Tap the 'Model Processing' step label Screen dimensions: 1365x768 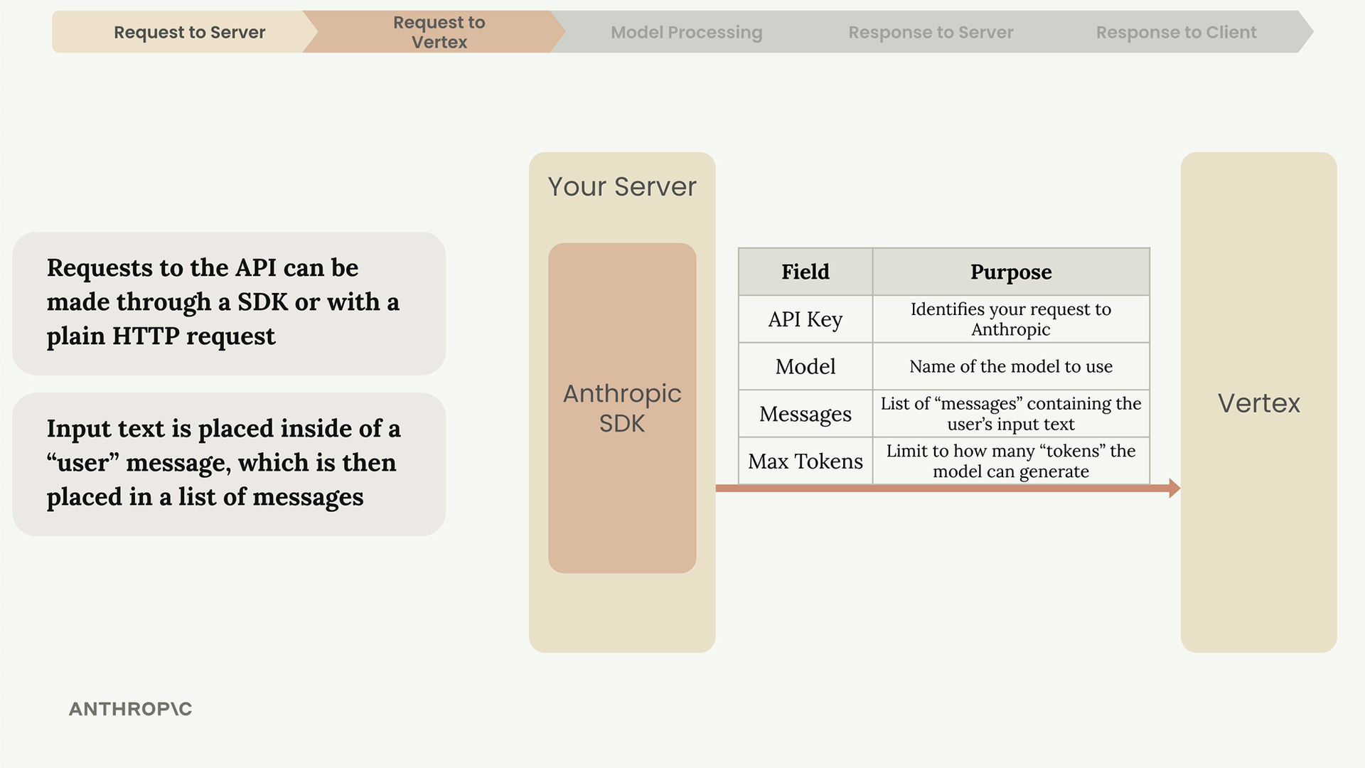[x=686, y=32]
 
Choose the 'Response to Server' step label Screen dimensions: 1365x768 [x=931, y=32]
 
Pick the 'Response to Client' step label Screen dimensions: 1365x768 [x=1176, y=32]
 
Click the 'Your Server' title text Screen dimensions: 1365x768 [x=622, y=186]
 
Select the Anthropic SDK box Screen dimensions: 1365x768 [x=622, y=408]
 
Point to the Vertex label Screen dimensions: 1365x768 [x=1258, y=403]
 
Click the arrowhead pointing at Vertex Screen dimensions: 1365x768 [x=1174, y=489]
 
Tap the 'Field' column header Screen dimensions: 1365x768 [x=805, y=272]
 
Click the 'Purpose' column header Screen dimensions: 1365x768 [x=1011, y=272]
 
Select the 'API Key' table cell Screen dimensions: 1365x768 [x=805, y=319]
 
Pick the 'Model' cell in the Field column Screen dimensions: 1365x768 [x=805, y=366]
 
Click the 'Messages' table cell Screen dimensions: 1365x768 [x=805, y=414]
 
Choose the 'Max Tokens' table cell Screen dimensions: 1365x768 [x=805, y=461]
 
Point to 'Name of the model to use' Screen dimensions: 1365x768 [x=1011, y=366]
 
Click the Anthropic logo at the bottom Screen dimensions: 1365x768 [x=130, y=709]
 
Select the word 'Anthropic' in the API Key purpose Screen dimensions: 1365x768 [x=1010, y=329]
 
